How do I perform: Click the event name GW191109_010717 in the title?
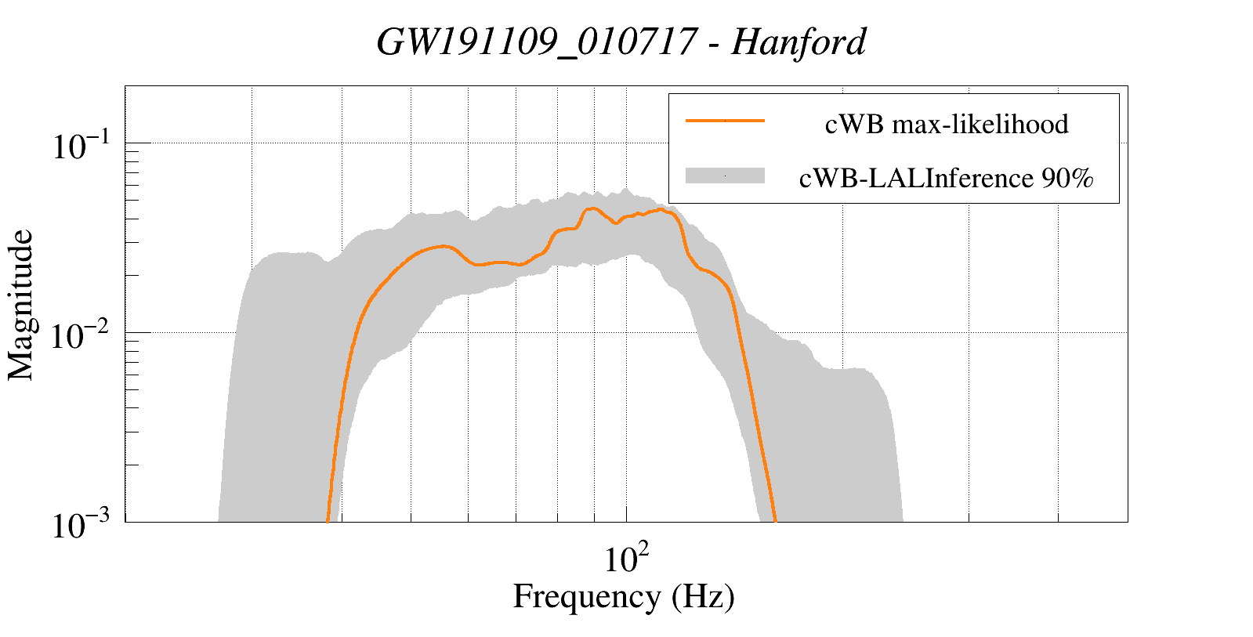[x=536, y=42]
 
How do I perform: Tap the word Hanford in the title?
[x=799, y=42]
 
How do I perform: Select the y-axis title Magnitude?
[x=21, y=305]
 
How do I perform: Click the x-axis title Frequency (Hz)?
[x=624, y=596]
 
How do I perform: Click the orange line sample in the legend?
[x=725, y=121]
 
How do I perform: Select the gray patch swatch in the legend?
[x=725, y=176]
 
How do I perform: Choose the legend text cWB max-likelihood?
[x=947, y=124]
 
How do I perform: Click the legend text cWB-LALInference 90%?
[x=946, y=179]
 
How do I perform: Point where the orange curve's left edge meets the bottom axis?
[x=327, y=520]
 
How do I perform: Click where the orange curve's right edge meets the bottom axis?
[x=775, y=520]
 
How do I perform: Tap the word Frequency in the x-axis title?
[x=587, y=596]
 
